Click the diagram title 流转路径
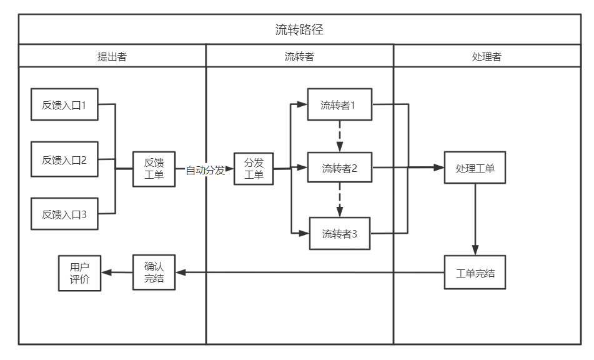(x=299, y=29)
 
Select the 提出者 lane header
(x=112, y=56)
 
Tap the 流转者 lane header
(x=299, y=56)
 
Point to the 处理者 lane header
(x=487, y=56)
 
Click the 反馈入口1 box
(x=64, y=104)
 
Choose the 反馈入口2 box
(x=64, y=159)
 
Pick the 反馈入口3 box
(x=64, y=214)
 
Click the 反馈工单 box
(x=154, y=169)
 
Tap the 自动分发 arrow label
(x=205, y=170)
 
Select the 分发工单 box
(x=253, y=169)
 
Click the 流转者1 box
(x=340, y=104)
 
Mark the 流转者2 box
(x=340, y=168)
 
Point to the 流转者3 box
(x=340, y=234)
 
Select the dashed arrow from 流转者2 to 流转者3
(x=340, y=200)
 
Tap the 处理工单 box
(x=475, y=168)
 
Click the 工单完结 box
(x=475, y=272)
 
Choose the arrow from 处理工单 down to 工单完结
(x=475, y=219)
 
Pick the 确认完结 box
(x=154, y=272)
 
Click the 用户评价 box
(x=79, y=272)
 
